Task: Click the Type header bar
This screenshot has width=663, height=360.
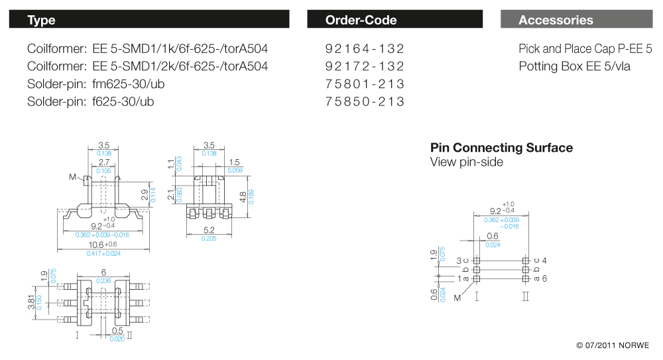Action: pyautogui.click(x=149, y=20)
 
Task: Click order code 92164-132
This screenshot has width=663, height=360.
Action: pyautogui.click(x=365, y=49)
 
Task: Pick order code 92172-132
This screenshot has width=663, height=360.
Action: pyautogui.click(x=365, y=66)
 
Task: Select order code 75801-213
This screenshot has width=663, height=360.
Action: pyautogui.click(x=365, y=84)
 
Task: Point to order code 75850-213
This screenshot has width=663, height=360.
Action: pyautogui.click(x=365, y=102)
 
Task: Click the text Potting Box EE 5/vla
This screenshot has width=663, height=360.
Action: pyautogui.click(x=574, y=66)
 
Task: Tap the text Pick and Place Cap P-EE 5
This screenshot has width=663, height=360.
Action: pyautogui.click(x=585, y=49)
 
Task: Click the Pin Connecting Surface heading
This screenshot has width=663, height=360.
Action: pyautogui.click(x=501, y=148)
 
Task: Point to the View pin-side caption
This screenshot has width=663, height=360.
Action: pyautogui.click(x=466, y=162)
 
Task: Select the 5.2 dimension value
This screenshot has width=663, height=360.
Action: pyautogui.click(x=210, y=230)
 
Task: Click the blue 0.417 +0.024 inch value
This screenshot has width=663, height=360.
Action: pyautogui.click(x=103, y=253)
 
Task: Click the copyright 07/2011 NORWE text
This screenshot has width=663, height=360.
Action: pyautogui.click(x=613, y=345)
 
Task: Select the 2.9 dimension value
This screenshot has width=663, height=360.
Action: pyautogui.click(x=145, y=195)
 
